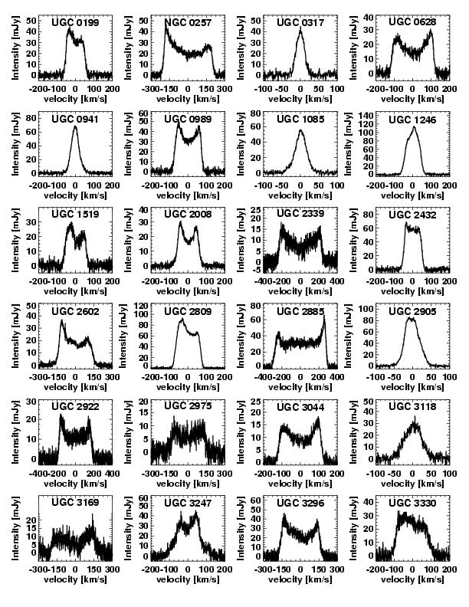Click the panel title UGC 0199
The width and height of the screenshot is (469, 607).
click(x=75, y=23)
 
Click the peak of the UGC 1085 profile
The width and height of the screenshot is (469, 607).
click(x=300, y=130)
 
